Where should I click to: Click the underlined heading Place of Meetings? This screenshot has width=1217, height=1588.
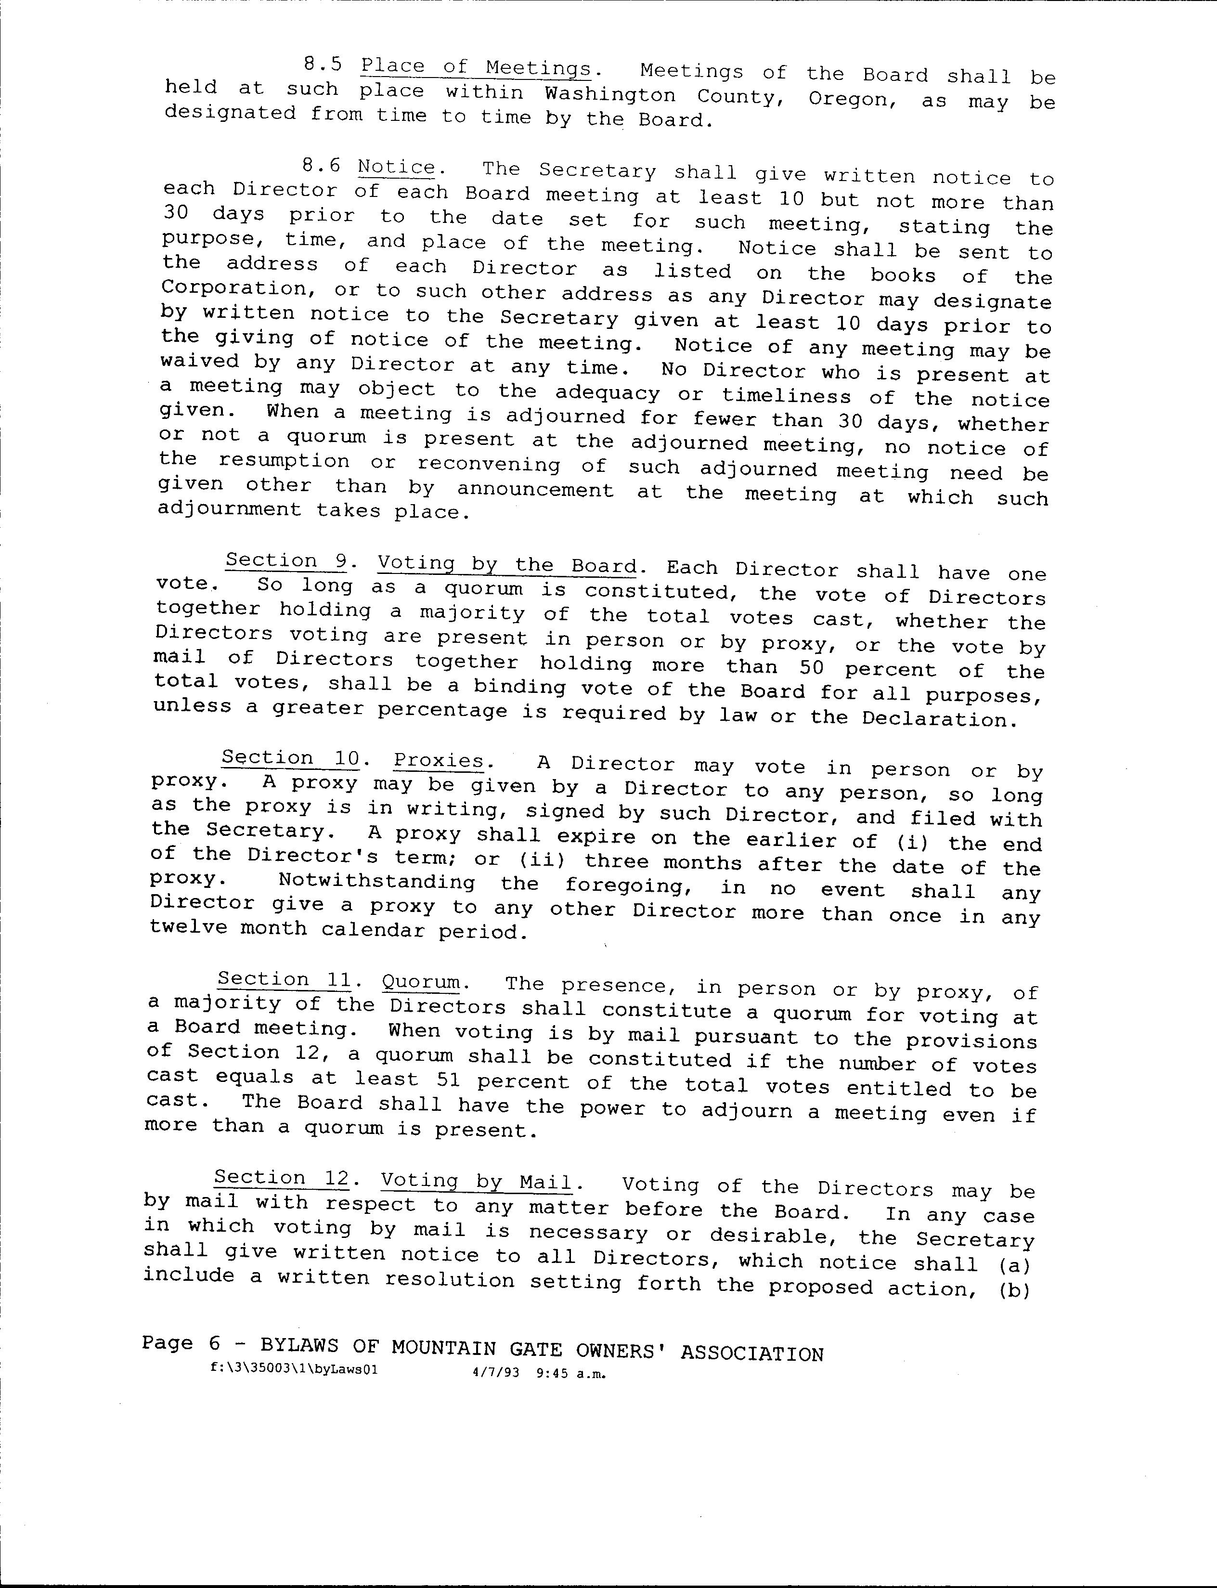pos(476,67)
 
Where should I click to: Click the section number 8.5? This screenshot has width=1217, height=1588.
pos(323,65)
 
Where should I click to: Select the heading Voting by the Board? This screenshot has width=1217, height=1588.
pos(507,564)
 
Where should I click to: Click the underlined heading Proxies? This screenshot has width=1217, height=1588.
pos(439,761)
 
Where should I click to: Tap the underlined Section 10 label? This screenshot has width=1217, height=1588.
pos(290,758)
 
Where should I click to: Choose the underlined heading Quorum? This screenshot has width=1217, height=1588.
pos(421,982)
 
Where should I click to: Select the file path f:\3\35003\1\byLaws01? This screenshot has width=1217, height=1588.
pos(293,1370)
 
